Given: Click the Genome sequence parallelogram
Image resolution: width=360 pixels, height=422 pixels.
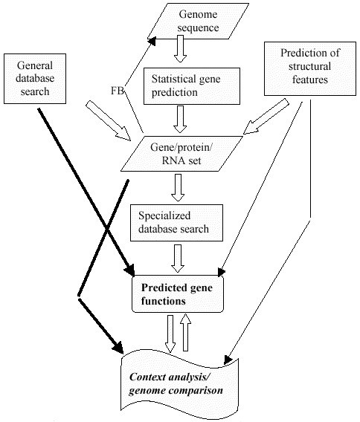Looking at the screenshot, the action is coord(198,21).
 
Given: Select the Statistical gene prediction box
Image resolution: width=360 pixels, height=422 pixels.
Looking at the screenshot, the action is coord(192,86).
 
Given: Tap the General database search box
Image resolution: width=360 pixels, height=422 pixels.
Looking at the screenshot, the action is coord(35,79).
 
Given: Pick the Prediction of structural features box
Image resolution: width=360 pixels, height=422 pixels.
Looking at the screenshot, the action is coord(310,68).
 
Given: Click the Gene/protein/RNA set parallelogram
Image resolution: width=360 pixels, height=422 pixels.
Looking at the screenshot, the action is coord(181,154).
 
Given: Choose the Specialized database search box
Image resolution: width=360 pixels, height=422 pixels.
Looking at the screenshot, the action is coord(176,223).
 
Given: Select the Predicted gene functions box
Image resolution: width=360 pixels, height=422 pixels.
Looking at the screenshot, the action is coord(178,294).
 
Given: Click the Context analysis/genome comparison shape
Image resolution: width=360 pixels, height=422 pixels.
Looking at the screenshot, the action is coord(180,384).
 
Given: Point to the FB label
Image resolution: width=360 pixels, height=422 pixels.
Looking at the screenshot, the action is coord(118,91).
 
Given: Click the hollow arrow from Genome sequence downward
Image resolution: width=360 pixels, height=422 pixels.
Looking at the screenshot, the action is coord(180,49).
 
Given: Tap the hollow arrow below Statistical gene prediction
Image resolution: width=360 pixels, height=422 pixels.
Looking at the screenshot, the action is coord(180,119).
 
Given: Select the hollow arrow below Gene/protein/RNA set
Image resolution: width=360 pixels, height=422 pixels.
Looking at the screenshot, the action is coord(178,187).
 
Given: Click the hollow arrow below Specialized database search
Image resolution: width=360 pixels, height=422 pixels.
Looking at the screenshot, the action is coord(178,259).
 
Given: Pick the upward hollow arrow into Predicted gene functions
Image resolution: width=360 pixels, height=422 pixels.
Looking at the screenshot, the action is coord(185,332).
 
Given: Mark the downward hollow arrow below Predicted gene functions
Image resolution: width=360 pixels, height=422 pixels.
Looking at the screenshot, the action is coord(170,334).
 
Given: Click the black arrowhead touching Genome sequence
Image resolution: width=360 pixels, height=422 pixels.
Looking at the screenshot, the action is coord(152,41).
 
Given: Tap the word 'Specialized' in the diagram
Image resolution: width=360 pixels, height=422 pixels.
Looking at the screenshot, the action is coord(164,216).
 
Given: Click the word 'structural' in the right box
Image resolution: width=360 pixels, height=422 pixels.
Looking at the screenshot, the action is coord(309,66).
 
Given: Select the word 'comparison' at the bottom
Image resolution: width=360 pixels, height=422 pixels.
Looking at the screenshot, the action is coord(196,391).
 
